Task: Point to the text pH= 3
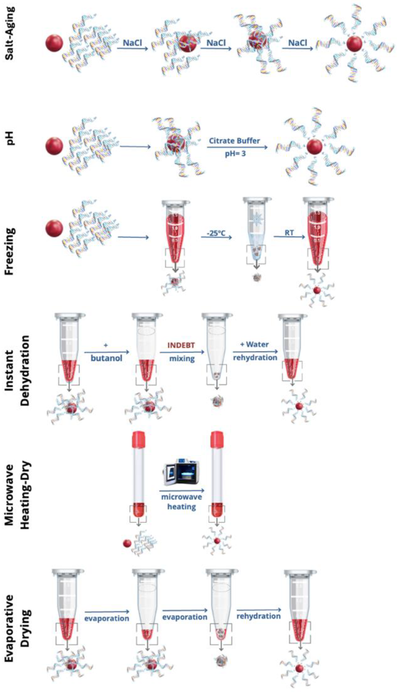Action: pyautogui.click(x=235, y=154)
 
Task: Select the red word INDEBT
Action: pyautogui.click(x=181, y=345)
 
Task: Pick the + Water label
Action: pyautogui.click(x=254, y=345)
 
